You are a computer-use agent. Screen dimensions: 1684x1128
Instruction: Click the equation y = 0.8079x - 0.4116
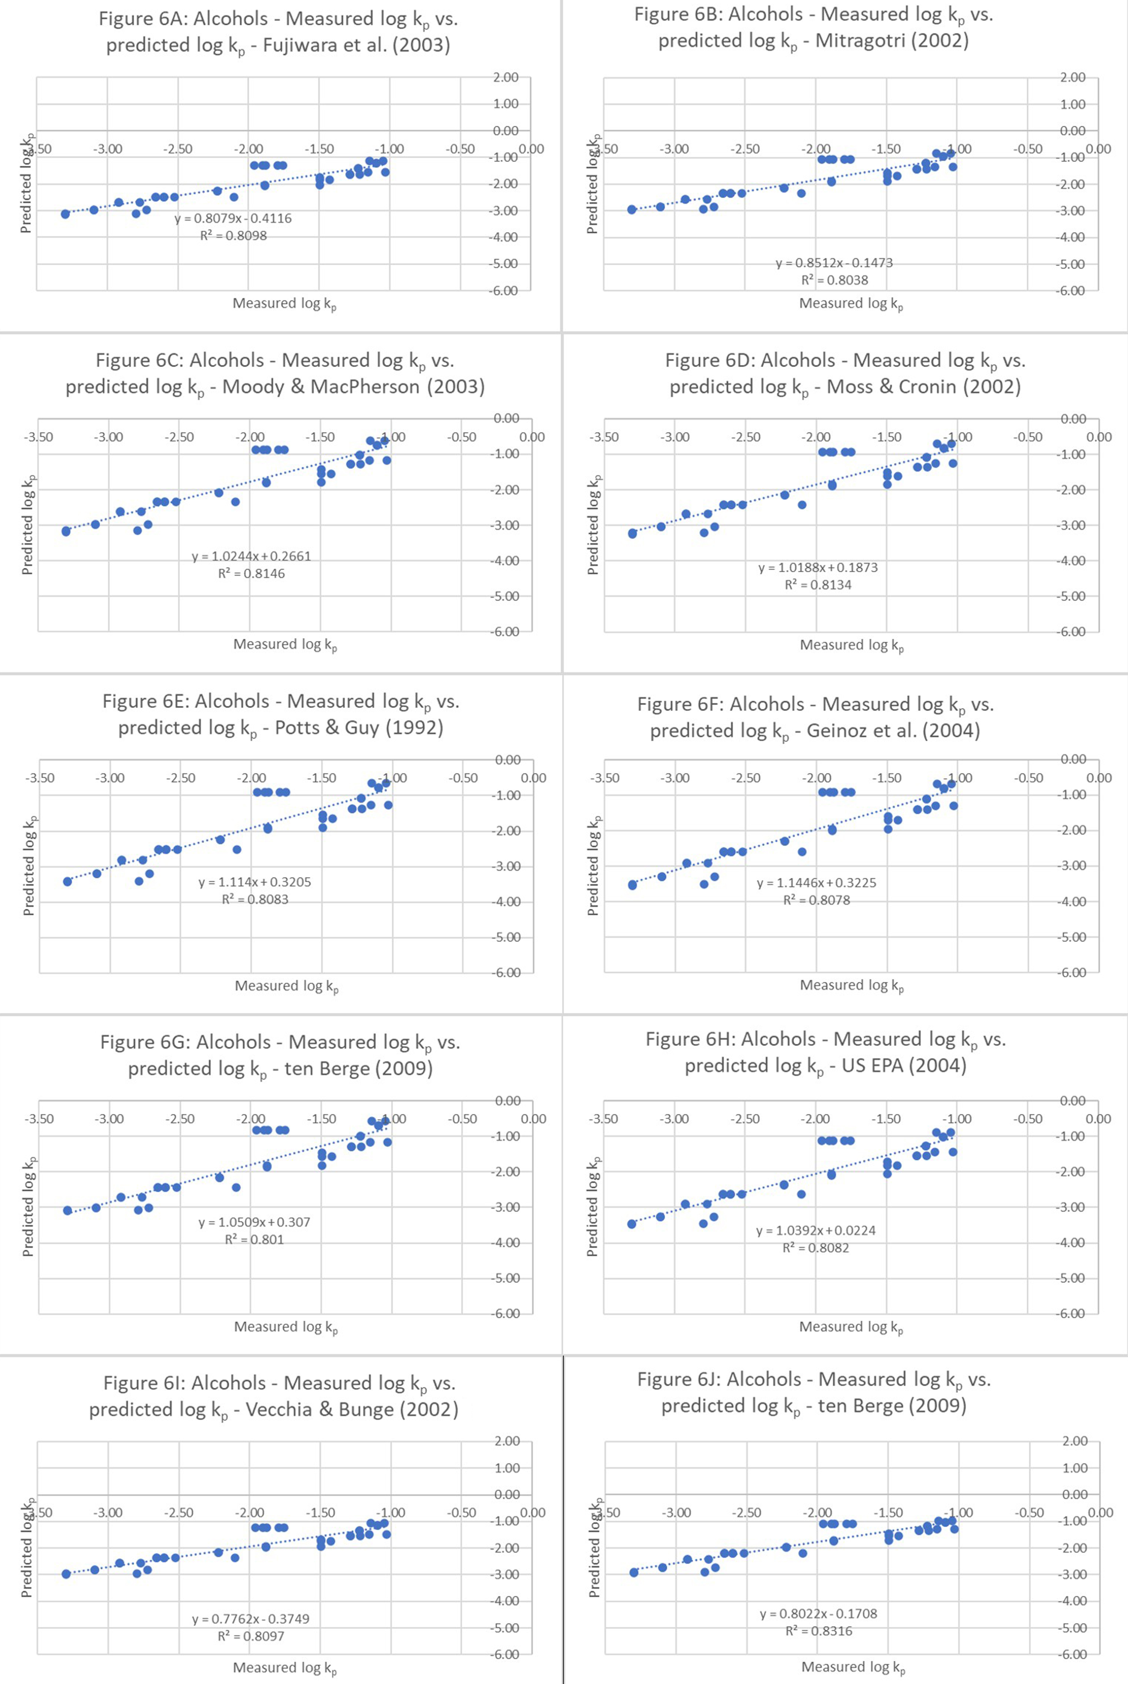pyautogui.click(x=233, y=218)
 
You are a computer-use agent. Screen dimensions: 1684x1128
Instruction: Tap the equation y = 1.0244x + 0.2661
pyautogui.click(x=251, y=556)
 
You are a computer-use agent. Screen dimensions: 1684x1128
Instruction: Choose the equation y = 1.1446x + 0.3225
pyautogui.click(x=816, y=883)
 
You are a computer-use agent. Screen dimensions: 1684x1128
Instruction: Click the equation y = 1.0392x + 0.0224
pyautogui.click(x=816, y=1231)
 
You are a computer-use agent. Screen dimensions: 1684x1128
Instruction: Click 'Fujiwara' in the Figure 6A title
pyautogui.click(x=298, y=45)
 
